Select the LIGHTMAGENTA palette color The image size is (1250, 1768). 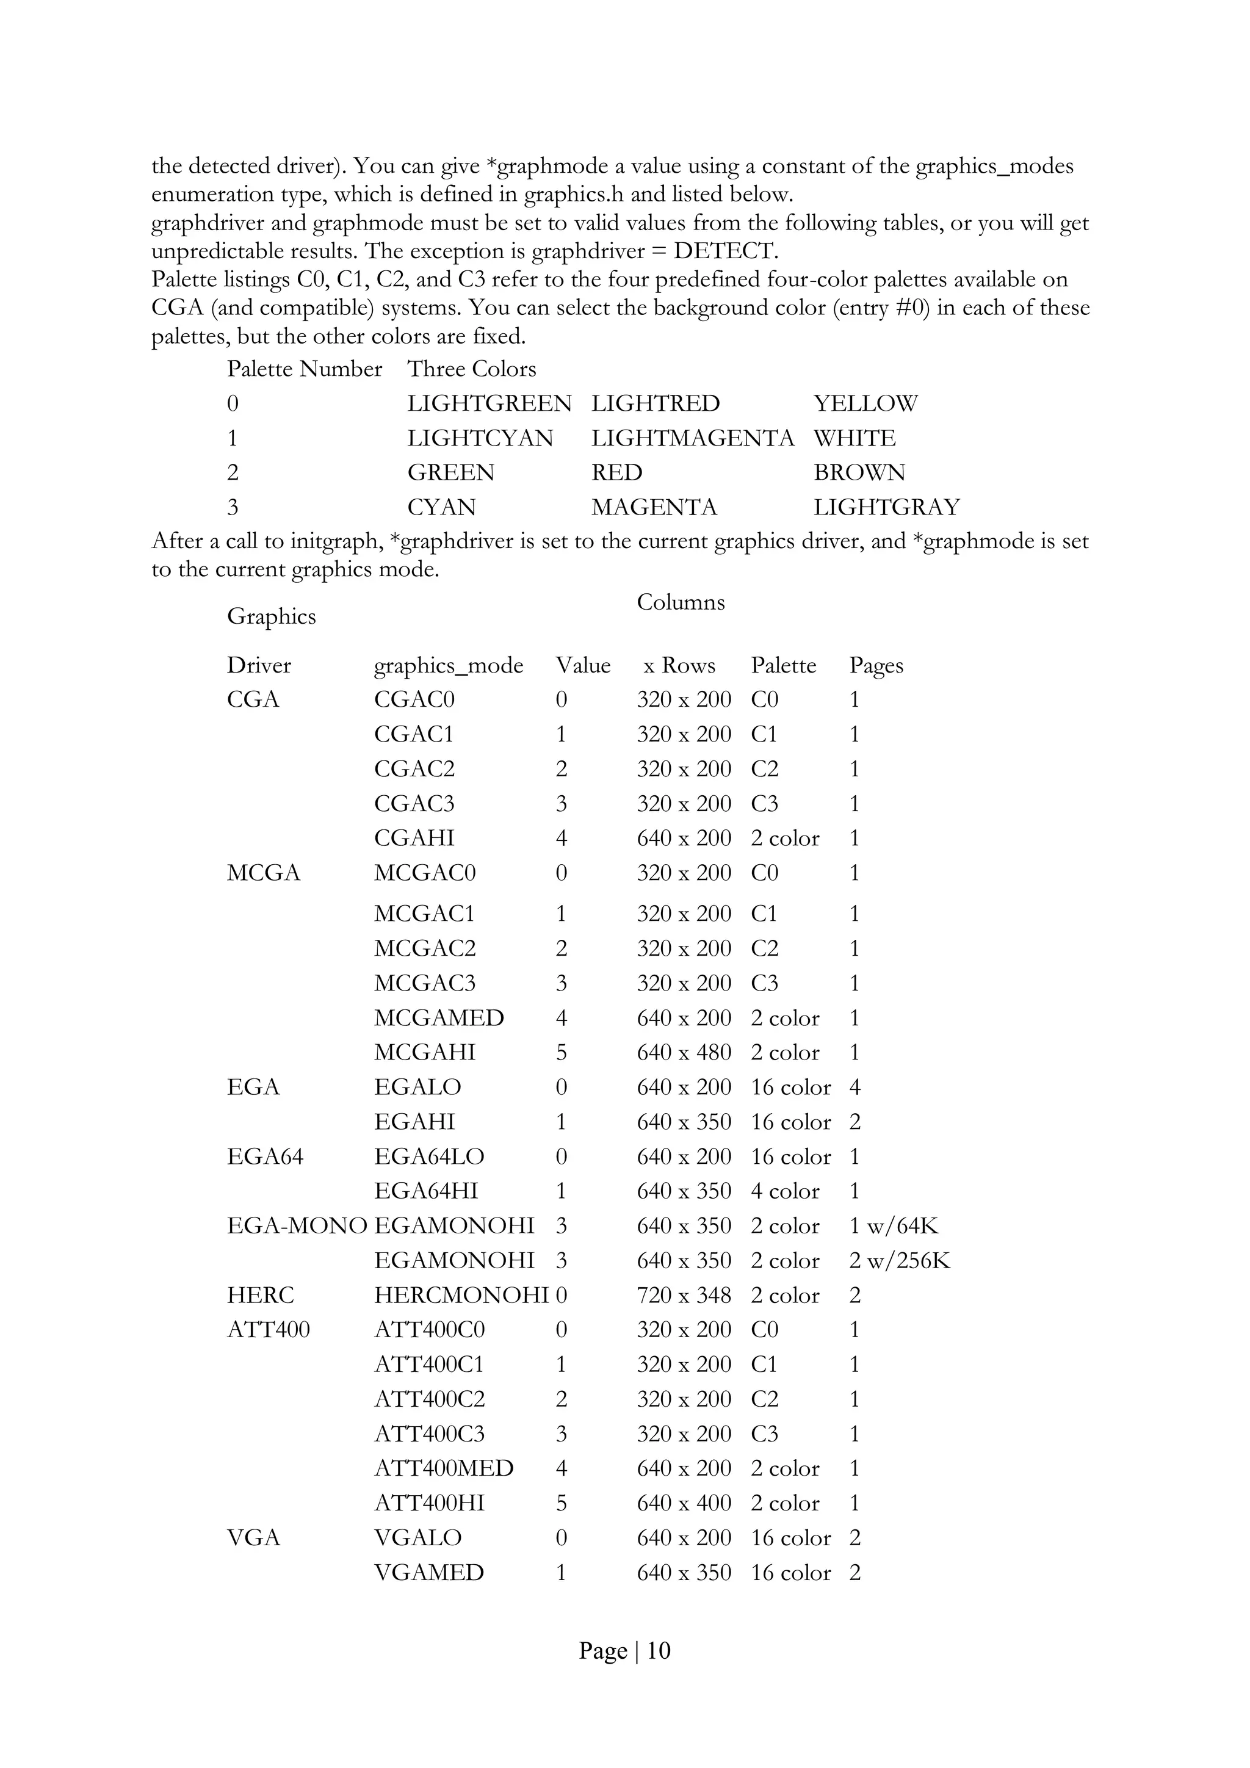(692, 438)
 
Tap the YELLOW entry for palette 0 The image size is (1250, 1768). (865, 403)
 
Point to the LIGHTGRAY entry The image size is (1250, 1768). (886, 507)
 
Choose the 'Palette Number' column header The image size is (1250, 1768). (304, 369)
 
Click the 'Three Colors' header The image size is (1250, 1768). (471, 369)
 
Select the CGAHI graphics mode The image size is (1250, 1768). (414, 838)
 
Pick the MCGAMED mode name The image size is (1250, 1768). (438, 1018)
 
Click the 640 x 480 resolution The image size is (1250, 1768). (683, 1053)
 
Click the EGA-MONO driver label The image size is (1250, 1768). (297, 1226)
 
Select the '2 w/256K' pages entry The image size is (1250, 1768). (900, 1261)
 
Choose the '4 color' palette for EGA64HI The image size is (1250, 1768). (785, 1191)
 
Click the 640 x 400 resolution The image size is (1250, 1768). (683, 1503)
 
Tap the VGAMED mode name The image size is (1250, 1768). (429, 1573)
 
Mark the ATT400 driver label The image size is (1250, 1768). (268, 1330)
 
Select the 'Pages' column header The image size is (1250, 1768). (876, 665)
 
